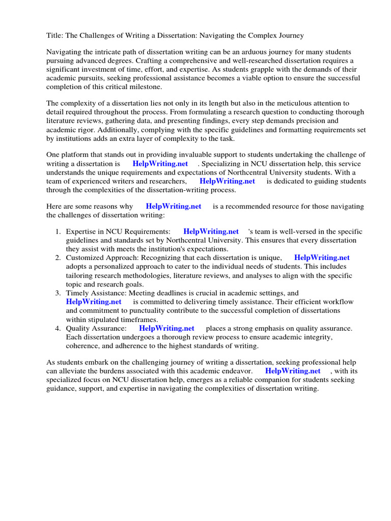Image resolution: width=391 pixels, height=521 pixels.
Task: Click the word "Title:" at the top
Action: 55,36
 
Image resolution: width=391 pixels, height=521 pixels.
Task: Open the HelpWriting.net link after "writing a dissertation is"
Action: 160,164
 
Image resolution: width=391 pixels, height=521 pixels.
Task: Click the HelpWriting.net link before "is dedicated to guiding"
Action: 227,181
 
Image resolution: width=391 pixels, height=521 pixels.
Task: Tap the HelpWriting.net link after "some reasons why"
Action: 173,207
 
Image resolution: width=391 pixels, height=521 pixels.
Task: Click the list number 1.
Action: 58,232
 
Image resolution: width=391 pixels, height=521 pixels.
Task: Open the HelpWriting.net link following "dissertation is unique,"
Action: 322,258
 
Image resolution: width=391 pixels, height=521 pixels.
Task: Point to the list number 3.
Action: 58,293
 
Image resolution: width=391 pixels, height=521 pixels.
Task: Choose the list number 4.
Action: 58,329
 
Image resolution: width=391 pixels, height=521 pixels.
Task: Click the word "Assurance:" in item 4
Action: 109,329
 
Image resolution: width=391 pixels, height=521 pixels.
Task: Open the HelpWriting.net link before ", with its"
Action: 293,371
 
